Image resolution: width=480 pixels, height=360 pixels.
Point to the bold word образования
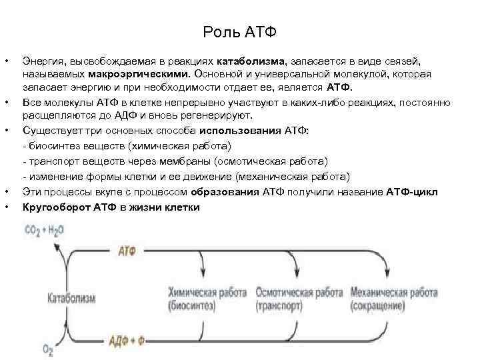tap(225, 192)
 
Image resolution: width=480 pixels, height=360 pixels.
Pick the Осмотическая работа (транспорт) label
tap(299, 299)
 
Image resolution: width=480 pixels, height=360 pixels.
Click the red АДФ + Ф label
tap(131, 341)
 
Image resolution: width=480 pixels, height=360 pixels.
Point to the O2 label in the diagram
tap(48, 348)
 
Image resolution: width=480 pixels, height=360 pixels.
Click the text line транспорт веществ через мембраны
tap(175, 161)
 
